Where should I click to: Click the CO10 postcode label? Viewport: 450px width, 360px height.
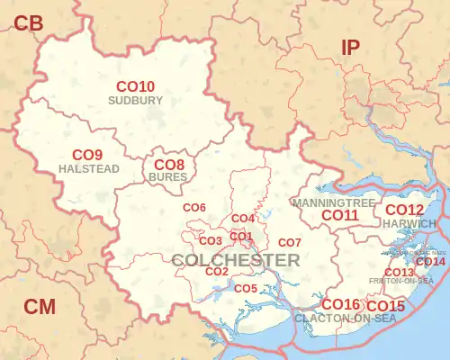coord(136,86)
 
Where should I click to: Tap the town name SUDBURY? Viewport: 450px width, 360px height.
coord(135,101)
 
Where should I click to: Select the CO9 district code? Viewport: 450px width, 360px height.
coord(87,154)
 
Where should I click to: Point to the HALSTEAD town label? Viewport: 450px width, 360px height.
coord(87,168)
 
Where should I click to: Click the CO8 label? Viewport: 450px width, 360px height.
coord(169,165)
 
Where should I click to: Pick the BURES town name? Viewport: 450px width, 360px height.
coord(168,177)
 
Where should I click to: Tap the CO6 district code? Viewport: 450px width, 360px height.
coord(194,208)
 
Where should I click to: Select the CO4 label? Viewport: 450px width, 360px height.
coord(243,219)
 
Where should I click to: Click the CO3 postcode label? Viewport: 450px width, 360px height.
coord(210,241)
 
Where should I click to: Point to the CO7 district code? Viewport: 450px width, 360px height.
coord(289,243)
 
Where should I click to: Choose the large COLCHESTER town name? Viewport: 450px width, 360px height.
coord(235,260)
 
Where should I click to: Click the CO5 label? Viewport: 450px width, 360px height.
coord(246,288)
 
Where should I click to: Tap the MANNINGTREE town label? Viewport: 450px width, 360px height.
coord(334,203)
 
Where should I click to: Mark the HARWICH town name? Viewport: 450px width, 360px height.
coord(409,223)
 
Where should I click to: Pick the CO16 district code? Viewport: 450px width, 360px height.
coord(340,304)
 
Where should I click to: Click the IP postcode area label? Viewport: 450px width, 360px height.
coord(351,49)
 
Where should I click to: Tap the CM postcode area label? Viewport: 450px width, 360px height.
coord(40,307)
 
